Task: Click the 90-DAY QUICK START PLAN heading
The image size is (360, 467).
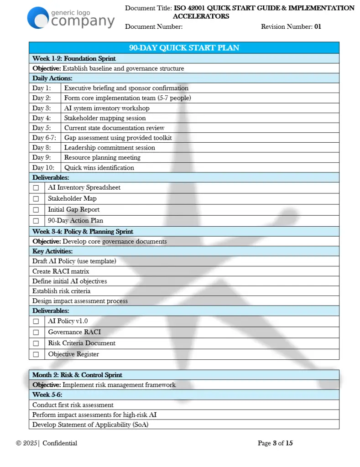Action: pyautogui.click(x=184, y=48)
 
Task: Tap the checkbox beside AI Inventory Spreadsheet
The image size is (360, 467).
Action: pyautogui.click(x=36, y=188)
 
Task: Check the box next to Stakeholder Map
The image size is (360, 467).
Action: pyautogui.click(x=36, y=199)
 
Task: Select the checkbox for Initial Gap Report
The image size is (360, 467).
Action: pyautogui.click(x=36, y=210)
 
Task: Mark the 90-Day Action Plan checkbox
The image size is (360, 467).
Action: pyautogui.click(x=36, y=221)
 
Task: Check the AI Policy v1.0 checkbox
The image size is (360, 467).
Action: pyautogui.click(x=36, y=322)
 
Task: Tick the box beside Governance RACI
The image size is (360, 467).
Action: pyautogui.click(x=36, y=332)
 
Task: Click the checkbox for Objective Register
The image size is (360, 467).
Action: pyautogui.click(x=36, y=354)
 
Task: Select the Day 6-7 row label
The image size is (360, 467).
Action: pyautogui.click(x=45, y=138)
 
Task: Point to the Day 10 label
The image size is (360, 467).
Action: pyautogui.click(x=43, y=167)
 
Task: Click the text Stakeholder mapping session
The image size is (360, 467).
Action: pyautogui.click(x=105, y=118)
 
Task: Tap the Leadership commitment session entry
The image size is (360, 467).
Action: pyautogui.click(x=110, y=148)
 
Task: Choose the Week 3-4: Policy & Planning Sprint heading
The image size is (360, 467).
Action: pyautogui.click(x=83, y=231)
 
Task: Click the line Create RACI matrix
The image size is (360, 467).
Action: pyautogui.click(x=61, y=271)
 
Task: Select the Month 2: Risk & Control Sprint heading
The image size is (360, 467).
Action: pyautogui.click(x=77, y=375)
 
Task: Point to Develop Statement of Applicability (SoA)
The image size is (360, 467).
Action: pyautogui.click(x=90, y=425)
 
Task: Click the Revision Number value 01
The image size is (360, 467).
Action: pyautogui.click(x=318, y=26)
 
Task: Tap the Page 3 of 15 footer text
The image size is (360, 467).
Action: pyautogui.click(x=275, y=443)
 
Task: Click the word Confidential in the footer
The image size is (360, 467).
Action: pyautogui.click(x=60, y=443)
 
